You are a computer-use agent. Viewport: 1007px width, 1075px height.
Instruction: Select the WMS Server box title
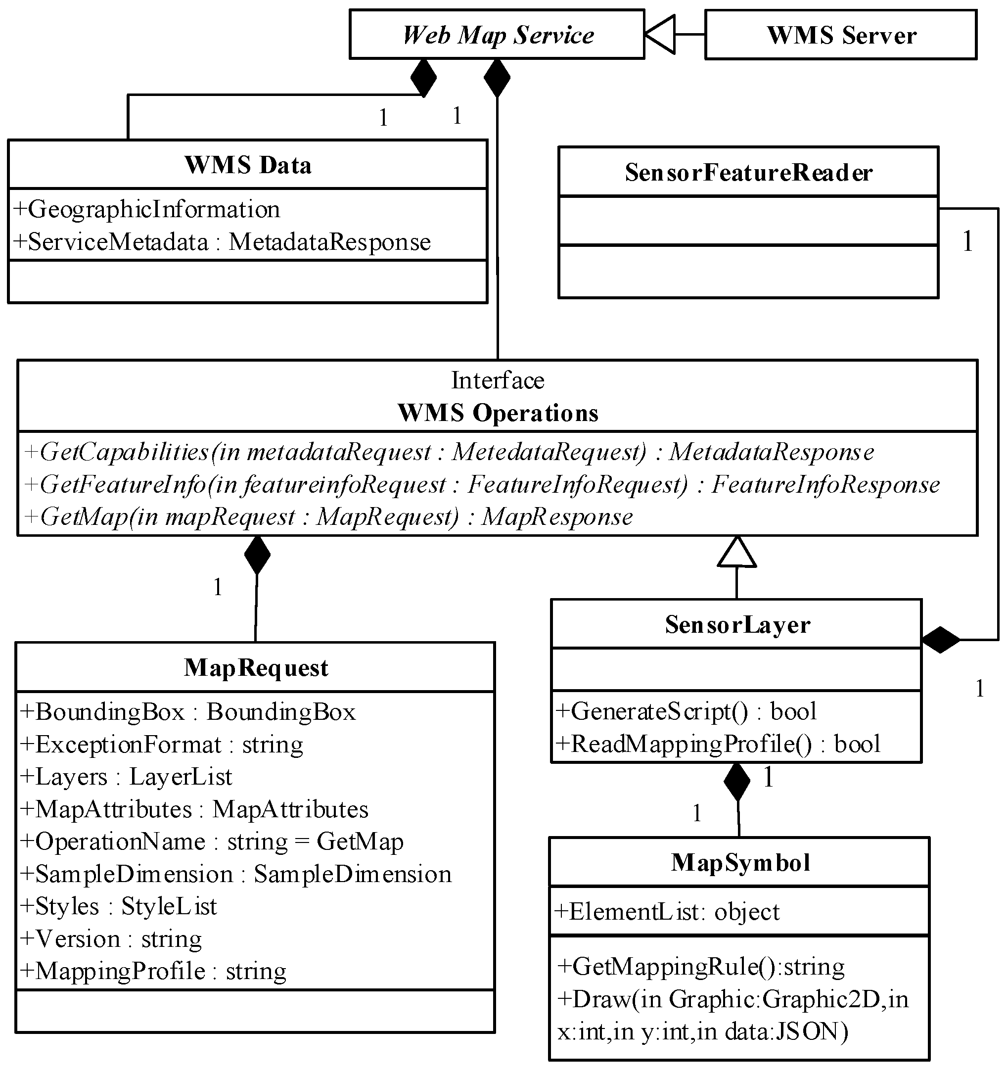tap(841, 35)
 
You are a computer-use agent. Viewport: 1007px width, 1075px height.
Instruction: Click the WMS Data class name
tap(248, 165)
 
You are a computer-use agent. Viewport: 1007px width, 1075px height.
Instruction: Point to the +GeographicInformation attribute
tap(146, 209)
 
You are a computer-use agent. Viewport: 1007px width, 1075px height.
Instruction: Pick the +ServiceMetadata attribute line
tap(222, 242)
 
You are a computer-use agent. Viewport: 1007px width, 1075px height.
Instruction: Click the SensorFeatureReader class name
tap(749, 173)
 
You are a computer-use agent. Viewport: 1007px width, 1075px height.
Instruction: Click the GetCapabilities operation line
tap(449, 452)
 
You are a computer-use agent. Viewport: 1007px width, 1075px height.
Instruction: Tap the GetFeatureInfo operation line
tap(481, 484)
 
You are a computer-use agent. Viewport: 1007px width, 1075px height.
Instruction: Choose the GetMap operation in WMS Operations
tap(328, 517)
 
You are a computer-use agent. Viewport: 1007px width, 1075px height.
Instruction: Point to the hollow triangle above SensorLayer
tap(737, 553)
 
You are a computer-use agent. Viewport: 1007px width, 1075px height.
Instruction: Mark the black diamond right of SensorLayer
tap(941, 640)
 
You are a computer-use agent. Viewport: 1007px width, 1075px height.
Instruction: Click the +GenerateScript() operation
tap(686, 711)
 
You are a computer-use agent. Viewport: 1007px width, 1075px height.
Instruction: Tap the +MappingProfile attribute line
tap(153, 971)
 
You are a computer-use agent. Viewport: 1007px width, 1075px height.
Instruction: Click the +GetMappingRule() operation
tap(700, 966)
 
